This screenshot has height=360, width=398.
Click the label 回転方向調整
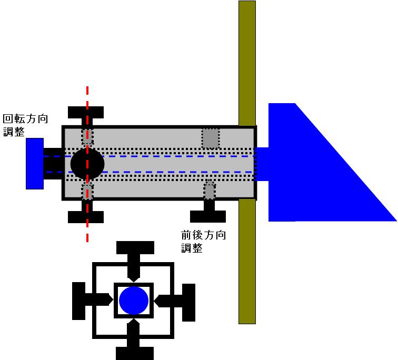25,125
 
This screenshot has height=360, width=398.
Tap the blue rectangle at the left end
34,163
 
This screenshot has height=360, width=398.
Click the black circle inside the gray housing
87,163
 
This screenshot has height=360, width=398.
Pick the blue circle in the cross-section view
134,301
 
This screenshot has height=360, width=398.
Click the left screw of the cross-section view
84,301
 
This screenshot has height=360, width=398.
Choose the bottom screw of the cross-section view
135,347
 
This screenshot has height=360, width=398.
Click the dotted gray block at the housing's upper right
211,138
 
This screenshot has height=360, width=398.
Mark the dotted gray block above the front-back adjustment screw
210,190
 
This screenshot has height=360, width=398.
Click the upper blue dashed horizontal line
158,156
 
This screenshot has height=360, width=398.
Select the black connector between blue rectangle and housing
53,163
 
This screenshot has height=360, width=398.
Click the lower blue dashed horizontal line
158,172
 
